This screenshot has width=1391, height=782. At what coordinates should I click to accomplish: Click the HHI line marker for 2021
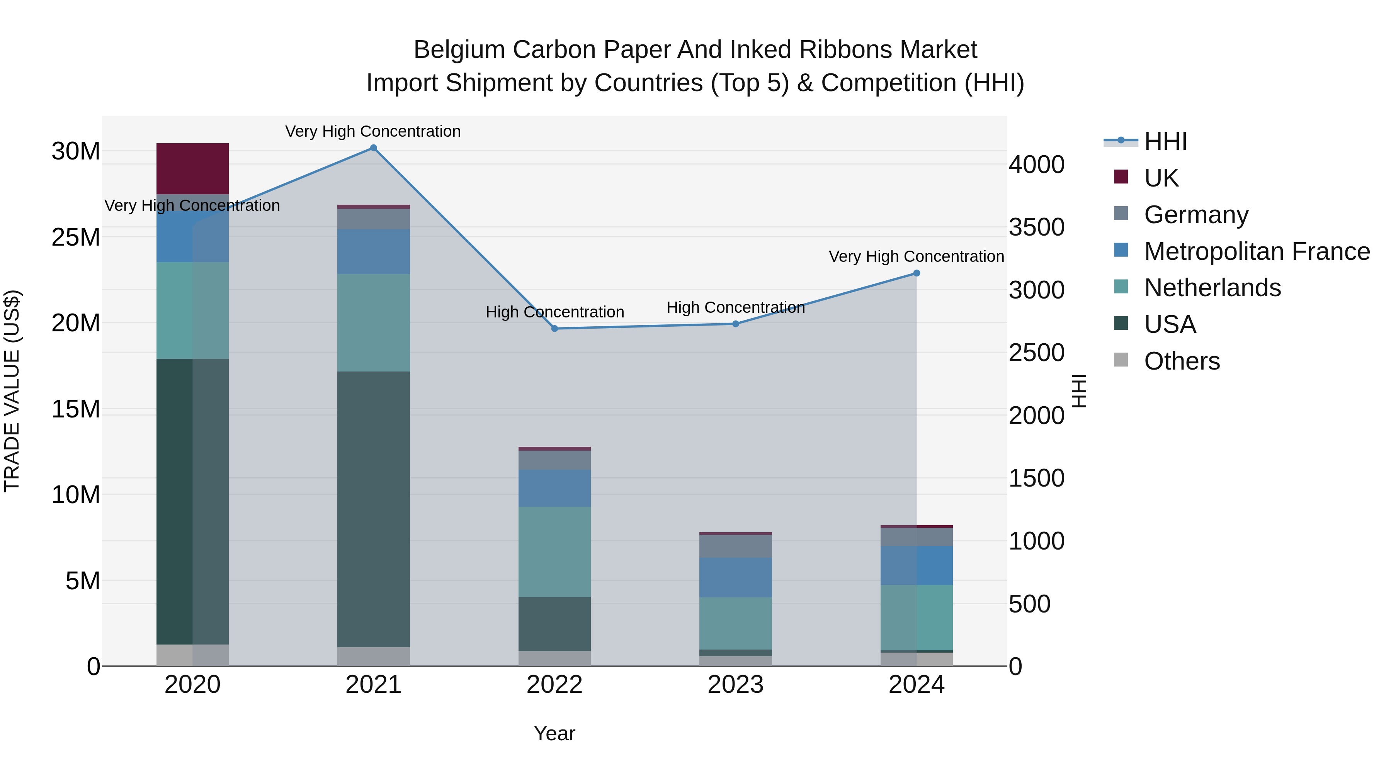coord(373,148)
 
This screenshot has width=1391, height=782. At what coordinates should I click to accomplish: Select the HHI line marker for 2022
coord(554,329)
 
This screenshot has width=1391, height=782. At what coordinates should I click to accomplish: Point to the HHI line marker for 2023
coord(735,324)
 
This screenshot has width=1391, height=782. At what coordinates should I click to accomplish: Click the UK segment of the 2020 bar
coord(192,168)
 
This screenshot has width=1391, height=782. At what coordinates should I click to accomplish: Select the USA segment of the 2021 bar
coord(373,509)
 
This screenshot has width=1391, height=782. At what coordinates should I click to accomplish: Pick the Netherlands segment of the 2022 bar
coord(554,551)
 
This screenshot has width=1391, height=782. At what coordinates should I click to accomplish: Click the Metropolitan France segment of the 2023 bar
coord(735,577)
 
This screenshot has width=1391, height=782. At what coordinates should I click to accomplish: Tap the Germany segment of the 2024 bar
coord(917,537)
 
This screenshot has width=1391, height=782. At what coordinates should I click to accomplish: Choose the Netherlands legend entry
coord(1212,288)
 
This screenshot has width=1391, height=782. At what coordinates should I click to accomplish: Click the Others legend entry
coord(1182,361)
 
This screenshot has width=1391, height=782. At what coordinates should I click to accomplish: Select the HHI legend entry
coord(1165,141)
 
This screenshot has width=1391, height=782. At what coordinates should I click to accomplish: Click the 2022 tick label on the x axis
coord(554,685)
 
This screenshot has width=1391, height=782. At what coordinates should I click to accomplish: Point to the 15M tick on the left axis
coord(76,409)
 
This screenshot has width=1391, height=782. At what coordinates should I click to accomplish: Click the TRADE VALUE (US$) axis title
coord(12,391)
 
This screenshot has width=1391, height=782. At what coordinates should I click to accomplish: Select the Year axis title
coord(554,733)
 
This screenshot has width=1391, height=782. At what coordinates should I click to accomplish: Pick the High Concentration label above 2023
coord(735,308)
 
